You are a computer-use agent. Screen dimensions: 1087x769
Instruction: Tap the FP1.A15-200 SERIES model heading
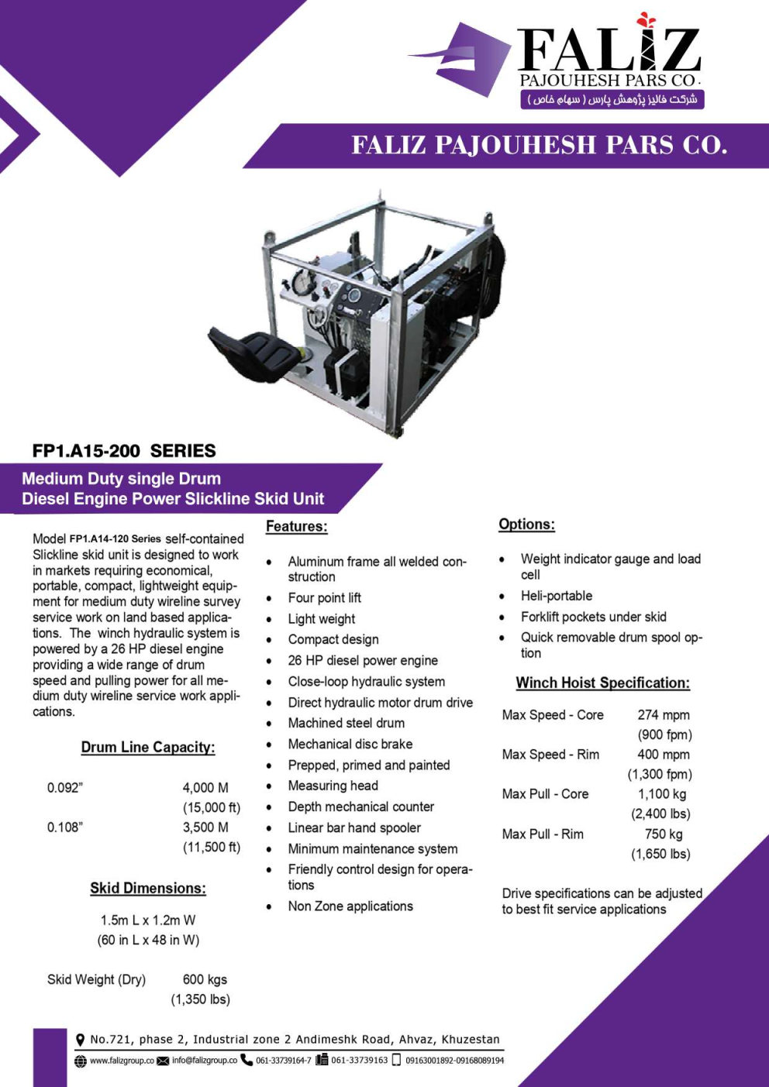pos(124,451)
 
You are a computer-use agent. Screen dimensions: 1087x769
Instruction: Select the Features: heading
pos(296,527)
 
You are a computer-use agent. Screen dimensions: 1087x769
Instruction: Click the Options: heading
pos(526,525)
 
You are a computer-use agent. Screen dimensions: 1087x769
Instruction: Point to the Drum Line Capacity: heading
pos(148,748)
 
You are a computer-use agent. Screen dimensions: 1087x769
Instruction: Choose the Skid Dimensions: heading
pos(148,889)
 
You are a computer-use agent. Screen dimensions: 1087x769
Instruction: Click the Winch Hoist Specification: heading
pos(602,683)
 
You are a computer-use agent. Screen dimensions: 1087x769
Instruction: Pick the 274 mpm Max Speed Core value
pos(663,715)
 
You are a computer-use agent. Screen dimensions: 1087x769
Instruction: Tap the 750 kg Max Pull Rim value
pos(664,834)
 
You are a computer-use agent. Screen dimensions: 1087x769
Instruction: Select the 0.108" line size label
pos(65,827)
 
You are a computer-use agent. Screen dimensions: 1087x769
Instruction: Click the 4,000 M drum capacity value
pos(205,788)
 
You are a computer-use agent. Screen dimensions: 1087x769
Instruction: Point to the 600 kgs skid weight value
pos(205,980)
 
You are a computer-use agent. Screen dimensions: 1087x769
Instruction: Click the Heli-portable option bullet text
pos(556,596)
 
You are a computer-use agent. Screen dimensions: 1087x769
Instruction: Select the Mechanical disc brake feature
pos(350,745)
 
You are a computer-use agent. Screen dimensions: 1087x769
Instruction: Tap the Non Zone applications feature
pos(350,906)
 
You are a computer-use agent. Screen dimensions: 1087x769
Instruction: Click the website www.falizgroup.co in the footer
pos(122,1061)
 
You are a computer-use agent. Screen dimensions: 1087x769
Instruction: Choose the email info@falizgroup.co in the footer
pos(205,1061)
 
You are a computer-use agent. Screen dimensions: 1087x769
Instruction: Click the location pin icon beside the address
pos(80,1040)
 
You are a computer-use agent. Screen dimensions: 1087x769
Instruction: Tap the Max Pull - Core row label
pos(545,794)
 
